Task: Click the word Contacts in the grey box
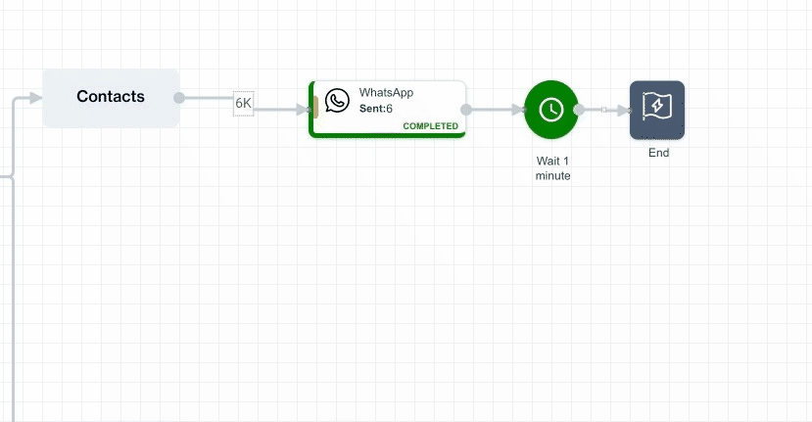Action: tap(111, 97)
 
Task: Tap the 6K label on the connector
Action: tap(243, 103)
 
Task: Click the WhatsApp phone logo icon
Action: tap(338, 100)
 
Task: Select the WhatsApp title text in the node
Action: tap(386, 93)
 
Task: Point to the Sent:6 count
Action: tap(376, 109)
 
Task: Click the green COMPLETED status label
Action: tap(430, 126)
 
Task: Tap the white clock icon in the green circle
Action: tap(551, 110)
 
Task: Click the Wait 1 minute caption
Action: tap(552, 168)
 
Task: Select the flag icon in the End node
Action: tap(656, 107)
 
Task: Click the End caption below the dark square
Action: tap(658, 153)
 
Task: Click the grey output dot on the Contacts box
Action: tap(178, 98)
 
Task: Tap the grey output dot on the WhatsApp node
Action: tap(466, 110)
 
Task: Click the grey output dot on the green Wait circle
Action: tap(579, 110)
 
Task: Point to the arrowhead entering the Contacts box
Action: tap(35, 98)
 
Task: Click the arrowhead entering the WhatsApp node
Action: tap(303, 110)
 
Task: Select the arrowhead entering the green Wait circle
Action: tap(517, 110)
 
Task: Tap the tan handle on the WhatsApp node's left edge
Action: tap(314, 110)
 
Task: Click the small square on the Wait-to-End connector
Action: tap(603, 110)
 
